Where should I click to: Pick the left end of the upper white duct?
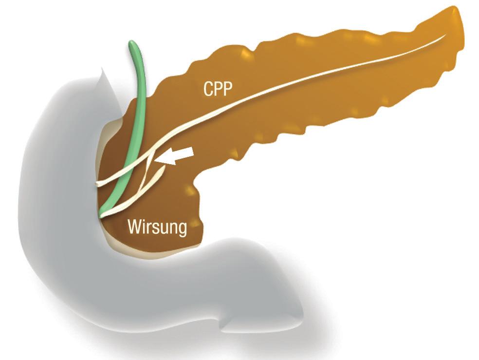(98, 184)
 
